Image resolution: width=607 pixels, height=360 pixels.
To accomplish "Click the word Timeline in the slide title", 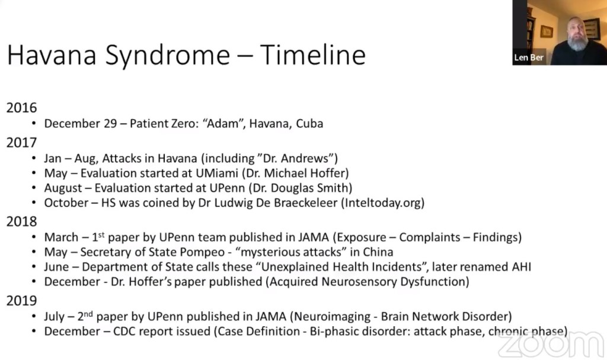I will point(312,55).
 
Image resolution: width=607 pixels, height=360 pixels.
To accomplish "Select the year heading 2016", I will point(21,108).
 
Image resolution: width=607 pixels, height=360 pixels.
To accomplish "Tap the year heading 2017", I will point(21,143).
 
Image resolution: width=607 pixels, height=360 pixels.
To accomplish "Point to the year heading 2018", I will point(21,222).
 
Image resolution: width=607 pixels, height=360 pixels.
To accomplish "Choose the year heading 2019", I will point(21,301).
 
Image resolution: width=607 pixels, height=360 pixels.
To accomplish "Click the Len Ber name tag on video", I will point(529,58).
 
